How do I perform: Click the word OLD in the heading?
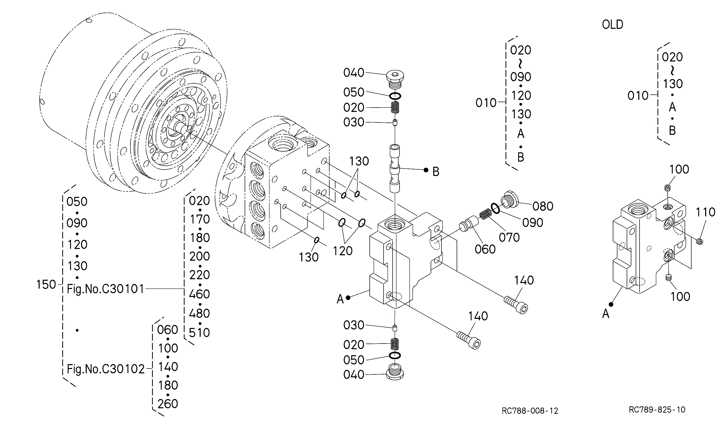(x=613, y=25)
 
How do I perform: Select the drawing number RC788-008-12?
(x=530, y=411)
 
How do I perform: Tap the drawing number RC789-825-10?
(x=657, y=409)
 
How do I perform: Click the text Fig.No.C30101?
(x=105, y=289)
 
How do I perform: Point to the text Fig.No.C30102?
(x=106, y=369)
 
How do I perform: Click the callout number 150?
(x=46, y=285)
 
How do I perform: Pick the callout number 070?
(x=509, y=238)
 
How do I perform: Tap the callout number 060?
(x=485, y=249)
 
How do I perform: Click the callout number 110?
(x=705, y=212)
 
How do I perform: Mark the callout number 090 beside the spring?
(x=533, y=223)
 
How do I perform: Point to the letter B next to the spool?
(x=436, y=172)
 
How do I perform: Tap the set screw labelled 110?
(x=700, y=241)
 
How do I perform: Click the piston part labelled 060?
(x=468, y=223)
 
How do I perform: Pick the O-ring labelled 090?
(x=495, y=208)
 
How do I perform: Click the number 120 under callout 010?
(x=521, y=95)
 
